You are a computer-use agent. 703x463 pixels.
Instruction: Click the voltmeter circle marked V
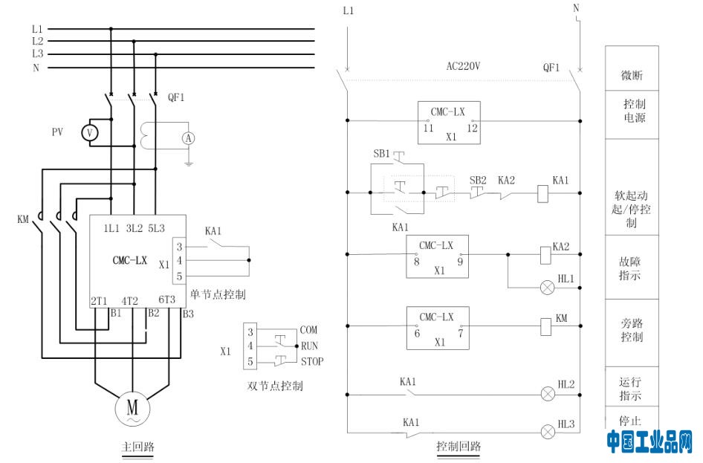90,133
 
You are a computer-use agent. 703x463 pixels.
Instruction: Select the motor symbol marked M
132,408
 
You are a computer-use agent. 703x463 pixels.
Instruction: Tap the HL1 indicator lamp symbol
548,288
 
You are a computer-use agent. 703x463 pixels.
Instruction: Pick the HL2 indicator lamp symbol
548,394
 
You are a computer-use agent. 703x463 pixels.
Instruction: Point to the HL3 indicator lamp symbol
548,432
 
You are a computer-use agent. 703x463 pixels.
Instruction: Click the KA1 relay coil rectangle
543,193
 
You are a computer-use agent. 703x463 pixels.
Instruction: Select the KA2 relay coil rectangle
545,255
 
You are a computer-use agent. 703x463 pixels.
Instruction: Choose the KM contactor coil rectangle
545,326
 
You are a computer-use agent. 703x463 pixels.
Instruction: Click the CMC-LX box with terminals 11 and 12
449,123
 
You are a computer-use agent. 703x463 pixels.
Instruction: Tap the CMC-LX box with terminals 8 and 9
437,256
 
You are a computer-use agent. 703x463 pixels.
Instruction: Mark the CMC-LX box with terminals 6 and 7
438,328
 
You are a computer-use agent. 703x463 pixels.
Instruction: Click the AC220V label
463,66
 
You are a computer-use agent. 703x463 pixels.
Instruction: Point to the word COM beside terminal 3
308,330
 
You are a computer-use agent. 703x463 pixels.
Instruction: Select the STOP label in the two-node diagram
312,361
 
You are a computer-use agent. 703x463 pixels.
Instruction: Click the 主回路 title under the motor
138,447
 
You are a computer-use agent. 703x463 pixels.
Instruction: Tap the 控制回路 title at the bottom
459,446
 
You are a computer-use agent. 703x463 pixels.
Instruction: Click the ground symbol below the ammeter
188,163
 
